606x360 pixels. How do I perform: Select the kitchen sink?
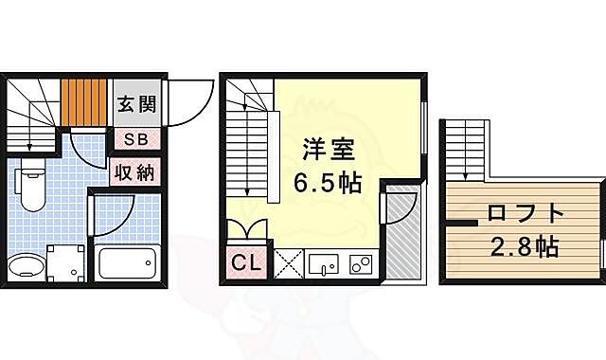(323, 262)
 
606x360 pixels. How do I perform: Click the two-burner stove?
(360, 262)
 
